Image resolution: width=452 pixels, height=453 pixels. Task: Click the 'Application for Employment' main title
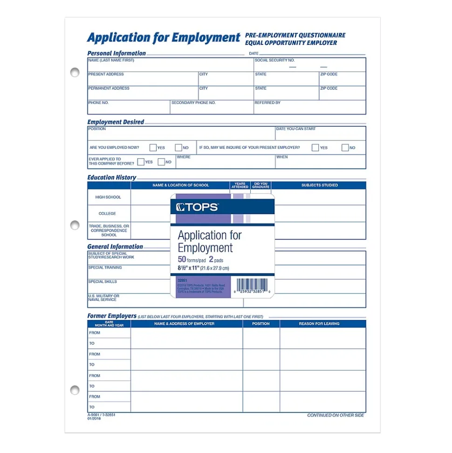click(164, 37)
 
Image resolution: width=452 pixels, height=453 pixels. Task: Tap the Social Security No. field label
click(274, 60)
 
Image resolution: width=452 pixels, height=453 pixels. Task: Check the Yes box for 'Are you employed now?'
click(153, 147)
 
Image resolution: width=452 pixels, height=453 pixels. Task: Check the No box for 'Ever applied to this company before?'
click(161, 162)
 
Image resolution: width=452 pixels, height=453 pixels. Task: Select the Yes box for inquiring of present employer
click(315, 147)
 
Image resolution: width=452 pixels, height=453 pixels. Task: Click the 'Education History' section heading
click(112, 177)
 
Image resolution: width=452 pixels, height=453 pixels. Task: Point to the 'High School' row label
click(108, 197)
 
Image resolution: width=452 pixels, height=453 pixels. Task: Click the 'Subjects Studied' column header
click(319, 185)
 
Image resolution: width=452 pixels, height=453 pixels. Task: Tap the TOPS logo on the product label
click(197, 207)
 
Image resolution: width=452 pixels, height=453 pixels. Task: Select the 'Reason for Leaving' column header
click(319, 324)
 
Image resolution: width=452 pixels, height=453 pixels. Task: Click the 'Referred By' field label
click(267, 103)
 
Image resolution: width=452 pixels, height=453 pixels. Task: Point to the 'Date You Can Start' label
click(296, 129)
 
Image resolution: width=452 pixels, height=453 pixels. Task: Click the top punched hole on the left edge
click(75, 72)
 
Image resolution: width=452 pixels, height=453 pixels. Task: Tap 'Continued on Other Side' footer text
click(336, 415)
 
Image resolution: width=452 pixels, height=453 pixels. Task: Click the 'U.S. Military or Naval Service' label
click(104, 298)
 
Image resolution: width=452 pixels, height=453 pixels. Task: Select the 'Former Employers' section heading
click(112, 316)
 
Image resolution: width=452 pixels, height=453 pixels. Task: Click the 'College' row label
click(107, 214)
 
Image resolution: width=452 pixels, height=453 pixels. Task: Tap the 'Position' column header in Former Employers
click(261, 324)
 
